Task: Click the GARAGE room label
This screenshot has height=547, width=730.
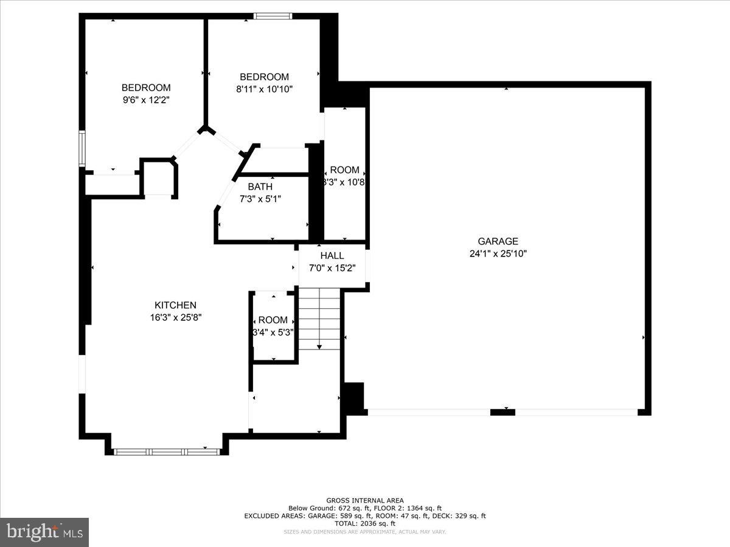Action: coord(498,241)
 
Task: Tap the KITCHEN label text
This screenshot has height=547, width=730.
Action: coord(175,305)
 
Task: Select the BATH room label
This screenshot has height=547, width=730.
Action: coord(260,187)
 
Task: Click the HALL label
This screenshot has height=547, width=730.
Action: coord(332,256)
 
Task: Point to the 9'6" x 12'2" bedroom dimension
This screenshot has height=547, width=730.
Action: coord(146,100)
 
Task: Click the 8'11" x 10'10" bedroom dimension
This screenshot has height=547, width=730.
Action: coord(264,89)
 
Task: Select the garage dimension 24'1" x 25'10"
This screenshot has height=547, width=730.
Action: coord(498,253)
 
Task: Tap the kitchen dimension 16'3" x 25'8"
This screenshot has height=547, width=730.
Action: coord(175,317)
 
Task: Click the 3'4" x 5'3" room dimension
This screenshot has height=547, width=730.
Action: coord(273,332)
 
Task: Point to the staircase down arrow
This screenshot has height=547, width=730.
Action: coord(319,345)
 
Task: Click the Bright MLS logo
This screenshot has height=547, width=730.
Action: coord(44,532)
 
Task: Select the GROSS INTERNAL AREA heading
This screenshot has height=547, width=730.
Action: coord(365,500)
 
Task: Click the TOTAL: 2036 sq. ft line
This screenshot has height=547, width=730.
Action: coord(365,523)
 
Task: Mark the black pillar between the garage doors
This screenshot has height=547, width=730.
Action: coord(502,412)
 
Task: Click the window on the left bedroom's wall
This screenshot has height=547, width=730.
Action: coord(82,148)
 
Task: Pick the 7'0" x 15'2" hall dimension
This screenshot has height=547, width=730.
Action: coord(332,267)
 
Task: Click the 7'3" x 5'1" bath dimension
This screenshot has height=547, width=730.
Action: coord(260,199)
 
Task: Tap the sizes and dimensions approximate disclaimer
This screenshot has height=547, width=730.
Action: coord(365,532)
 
